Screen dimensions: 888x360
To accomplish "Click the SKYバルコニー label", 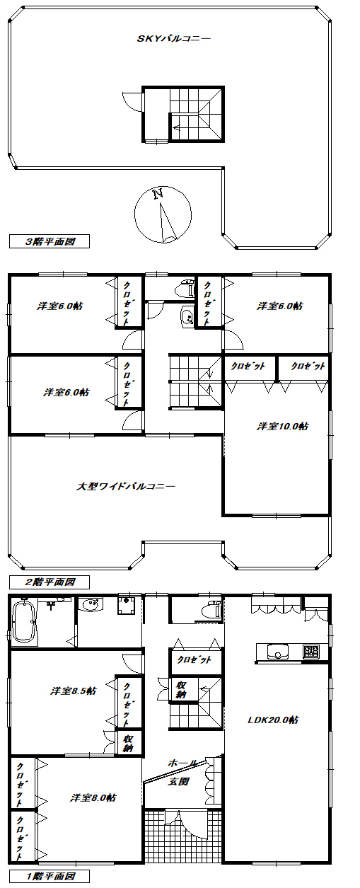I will (173, 39).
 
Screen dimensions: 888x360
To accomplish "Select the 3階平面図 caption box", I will (49, 241).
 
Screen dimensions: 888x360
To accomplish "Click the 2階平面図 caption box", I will (49, 582).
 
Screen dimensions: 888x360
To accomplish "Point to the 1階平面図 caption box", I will (49, 877).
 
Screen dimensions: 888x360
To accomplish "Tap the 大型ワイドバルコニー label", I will (125, 486).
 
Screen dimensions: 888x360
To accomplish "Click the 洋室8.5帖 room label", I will (73, 691).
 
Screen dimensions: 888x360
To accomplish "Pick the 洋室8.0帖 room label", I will (93, 797).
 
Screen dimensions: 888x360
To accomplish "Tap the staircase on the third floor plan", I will (194, 113).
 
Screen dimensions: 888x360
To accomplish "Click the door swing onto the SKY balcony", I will (132, 102).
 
